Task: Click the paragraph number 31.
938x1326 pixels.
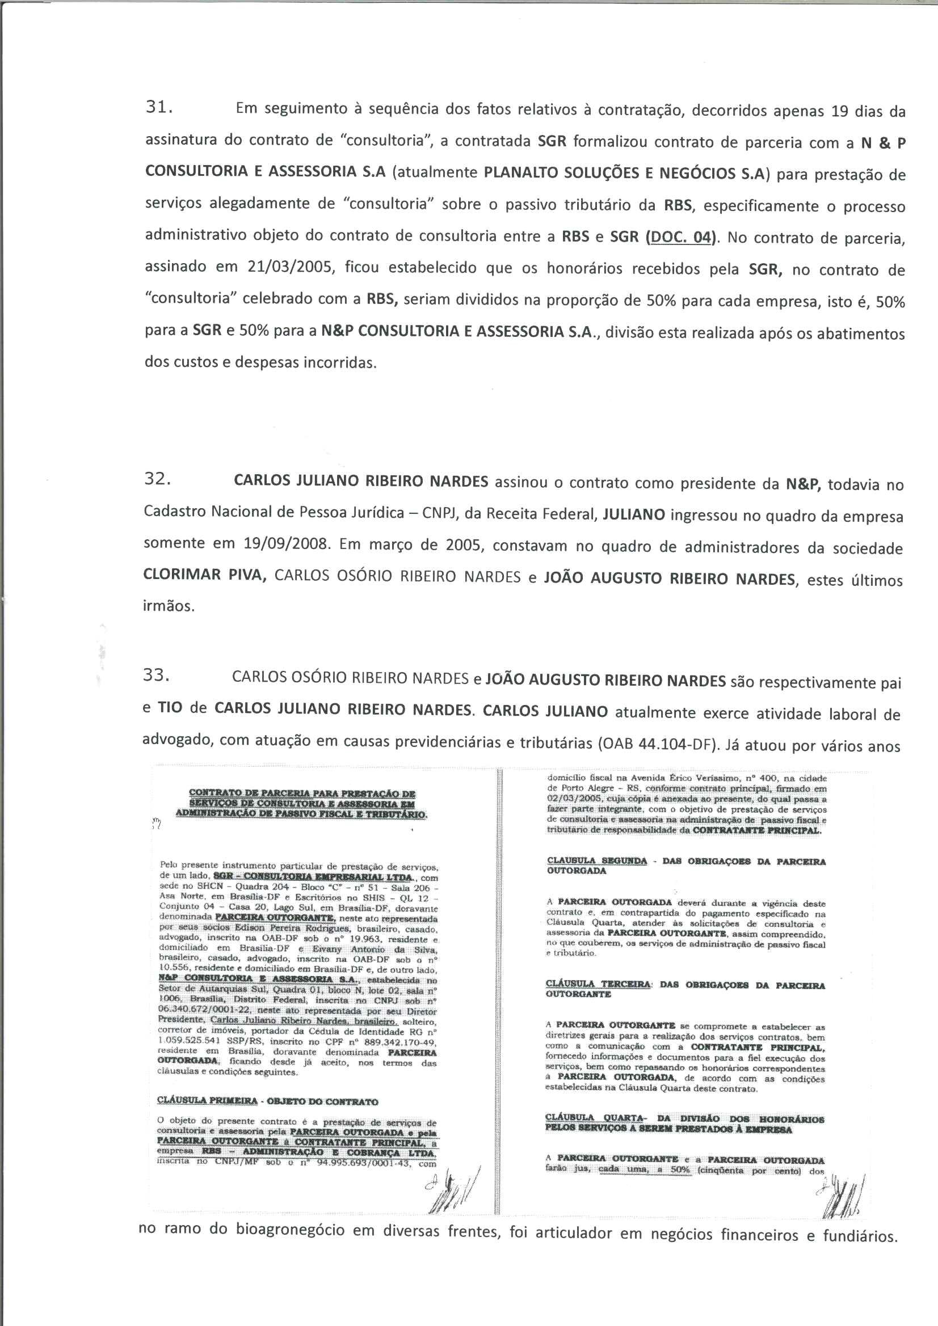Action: point(158,108)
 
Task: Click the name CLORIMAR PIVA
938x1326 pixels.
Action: point(205,576)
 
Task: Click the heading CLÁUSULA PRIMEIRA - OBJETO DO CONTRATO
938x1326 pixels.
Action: point(268,1101)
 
